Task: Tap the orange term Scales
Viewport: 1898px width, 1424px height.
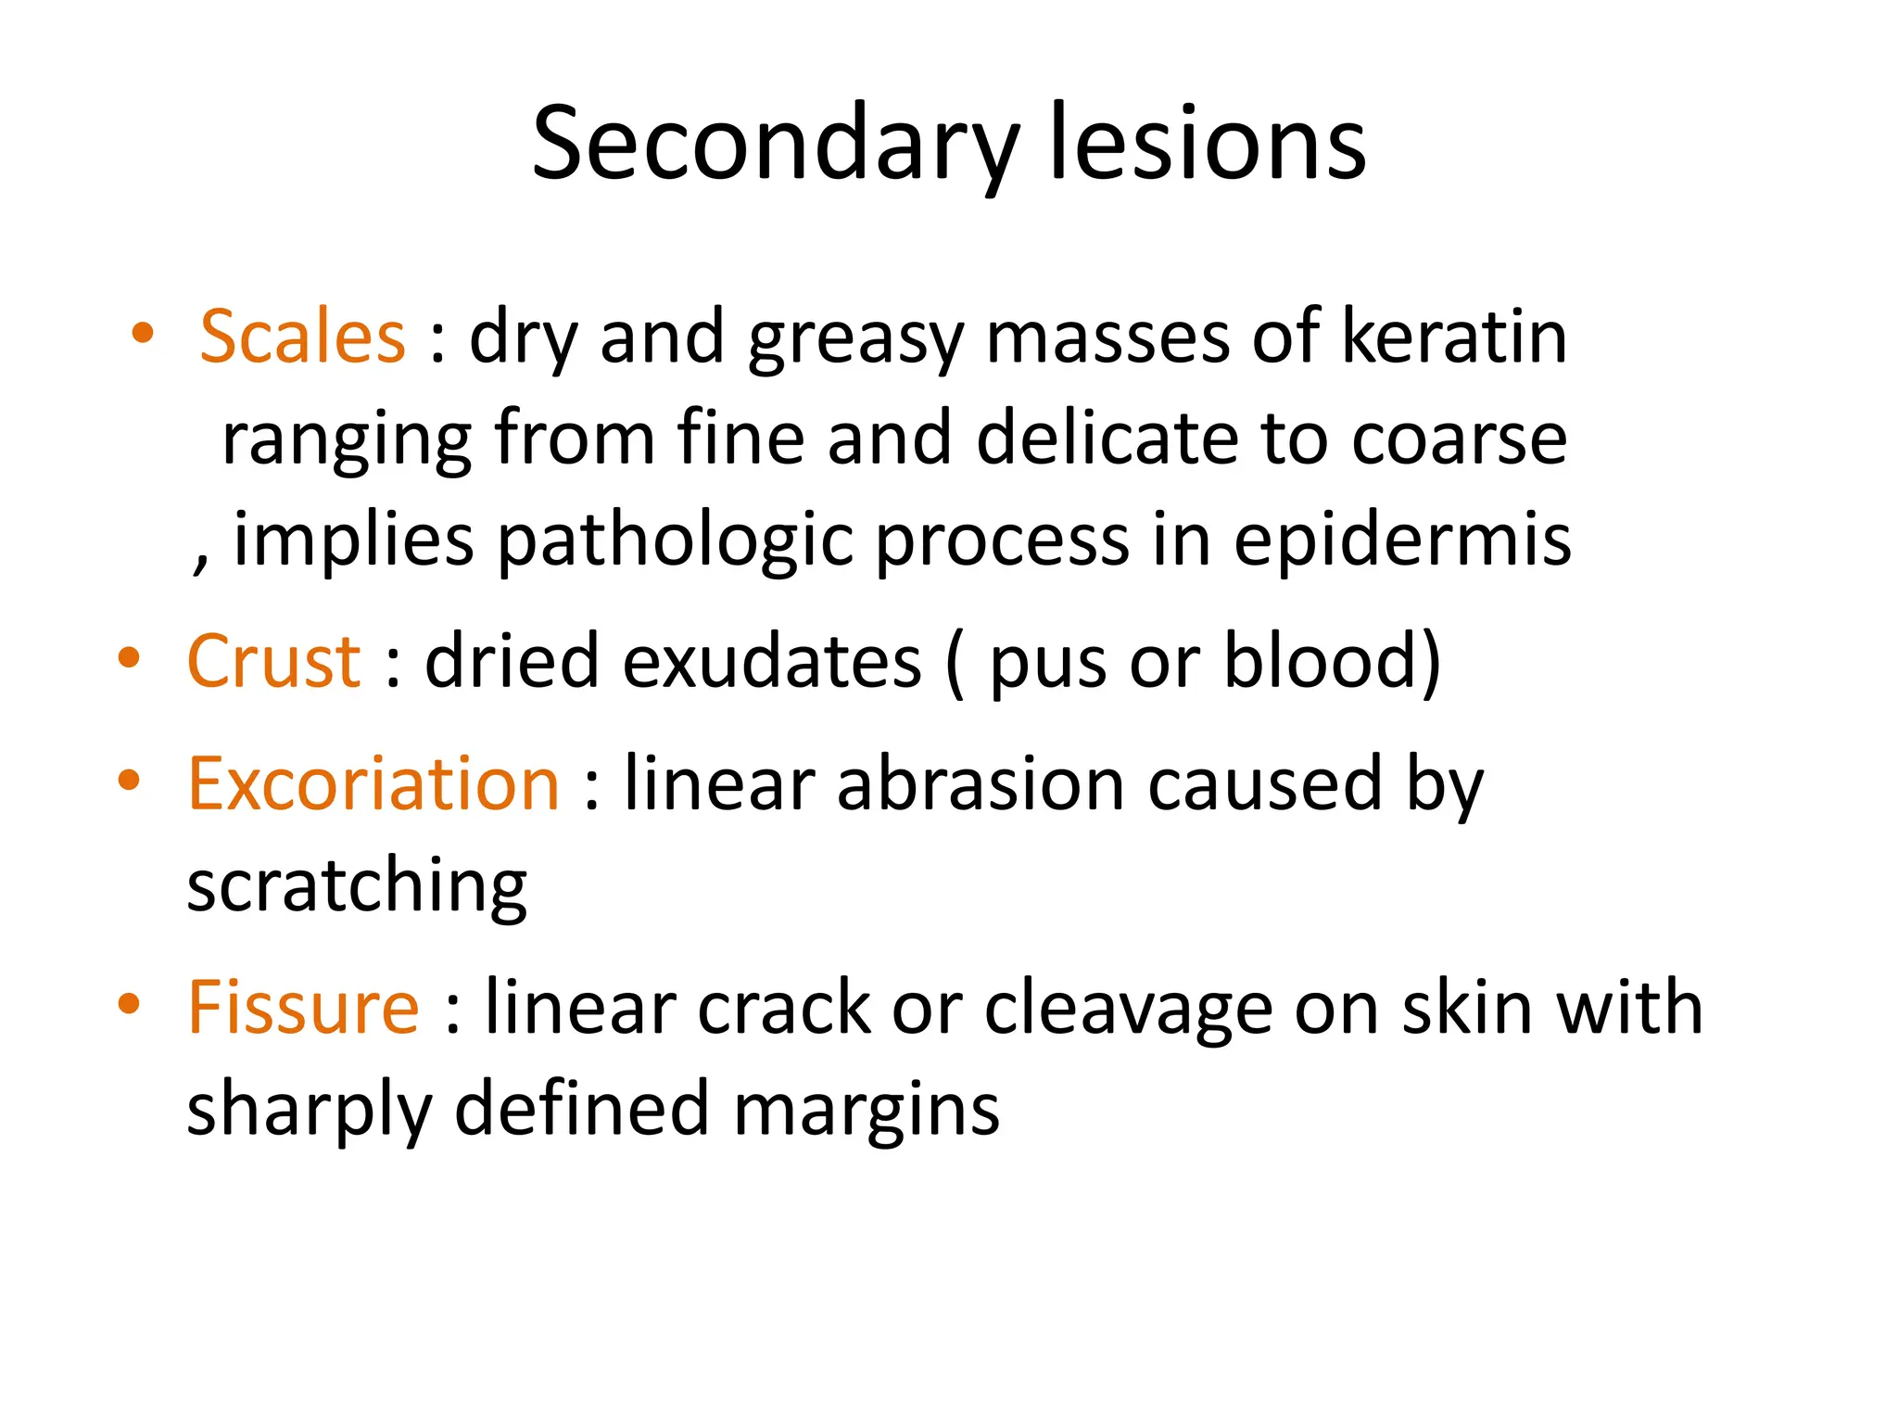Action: pos(302,336)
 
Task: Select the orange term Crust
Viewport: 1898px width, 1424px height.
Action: pos(273,661)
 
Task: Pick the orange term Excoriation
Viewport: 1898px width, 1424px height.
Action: pos(373,784)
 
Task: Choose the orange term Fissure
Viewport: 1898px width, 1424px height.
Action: pos(303,1008)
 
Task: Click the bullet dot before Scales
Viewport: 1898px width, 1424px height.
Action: pos(142,334)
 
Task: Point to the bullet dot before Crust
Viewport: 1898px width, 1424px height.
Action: pos(129,658)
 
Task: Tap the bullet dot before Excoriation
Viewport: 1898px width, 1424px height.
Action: pos(129,781)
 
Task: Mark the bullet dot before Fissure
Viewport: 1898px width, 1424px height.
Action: pos(129,1004)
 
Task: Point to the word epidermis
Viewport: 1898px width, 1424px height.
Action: pos(1401,540)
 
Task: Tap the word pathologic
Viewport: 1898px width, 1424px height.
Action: pos(675,541)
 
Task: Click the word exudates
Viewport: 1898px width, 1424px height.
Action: pos(771,661)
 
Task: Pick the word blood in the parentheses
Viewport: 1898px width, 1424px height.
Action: pos(1321,661)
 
